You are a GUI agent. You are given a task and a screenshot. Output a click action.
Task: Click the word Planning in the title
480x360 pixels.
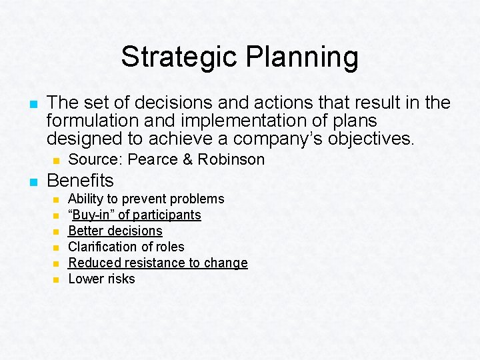(302, 58)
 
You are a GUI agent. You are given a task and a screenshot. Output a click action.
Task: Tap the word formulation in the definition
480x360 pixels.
(89, 121)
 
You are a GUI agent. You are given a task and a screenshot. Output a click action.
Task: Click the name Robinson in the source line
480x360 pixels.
(230, 159)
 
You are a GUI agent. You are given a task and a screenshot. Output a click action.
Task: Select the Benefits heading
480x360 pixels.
(80, 180)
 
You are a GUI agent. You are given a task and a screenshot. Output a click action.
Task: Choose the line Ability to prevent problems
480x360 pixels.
(146, 199)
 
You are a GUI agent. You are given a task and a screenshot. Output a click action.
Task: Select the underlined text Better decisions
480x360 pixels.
(115, 231)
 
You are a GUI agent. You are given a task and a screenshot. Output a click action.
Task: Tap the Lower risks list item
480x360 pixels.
(101, 279)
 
